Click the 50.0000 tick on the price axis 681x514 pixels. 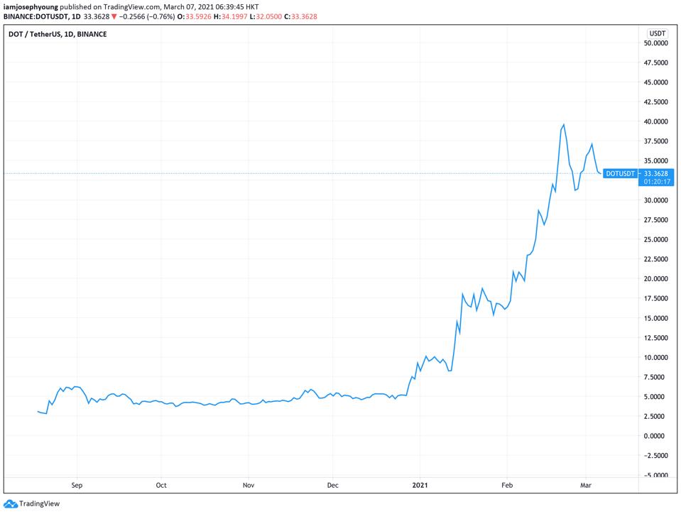[656, 43]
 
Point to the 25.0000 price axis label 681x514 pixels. [656, 239]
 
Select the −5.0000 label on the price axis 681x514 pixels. [656, 475]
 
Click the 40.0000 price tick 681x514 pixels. [656, 121]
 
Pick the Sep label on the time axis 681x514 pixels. [77, 486]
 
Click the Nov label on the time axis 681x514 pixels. [249, 486]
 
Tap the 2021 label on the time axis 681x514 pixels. [420, 486]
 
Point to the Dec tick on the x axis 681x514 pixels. [332, 486]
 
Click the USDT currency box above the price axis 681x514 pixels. [656, 33]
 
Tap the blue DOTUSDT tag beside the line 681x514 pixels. [621, 173]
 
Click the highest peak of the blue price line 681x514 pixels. [563, 125]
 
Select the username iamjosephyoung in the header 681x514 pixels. [28, 6]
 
